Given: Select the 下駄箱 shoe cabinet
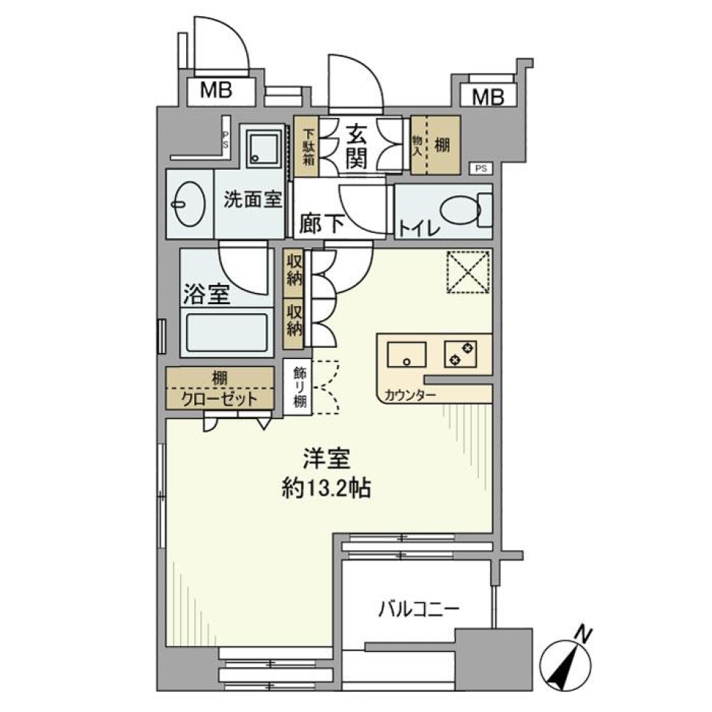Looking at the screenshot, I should click(307, 146).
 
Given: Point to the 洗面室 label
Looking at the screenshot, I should click(253, 200).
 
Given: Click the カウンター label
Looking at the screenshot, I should click(409, 395).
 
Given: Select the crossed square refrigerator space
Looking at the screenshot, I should click(468, 273).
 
